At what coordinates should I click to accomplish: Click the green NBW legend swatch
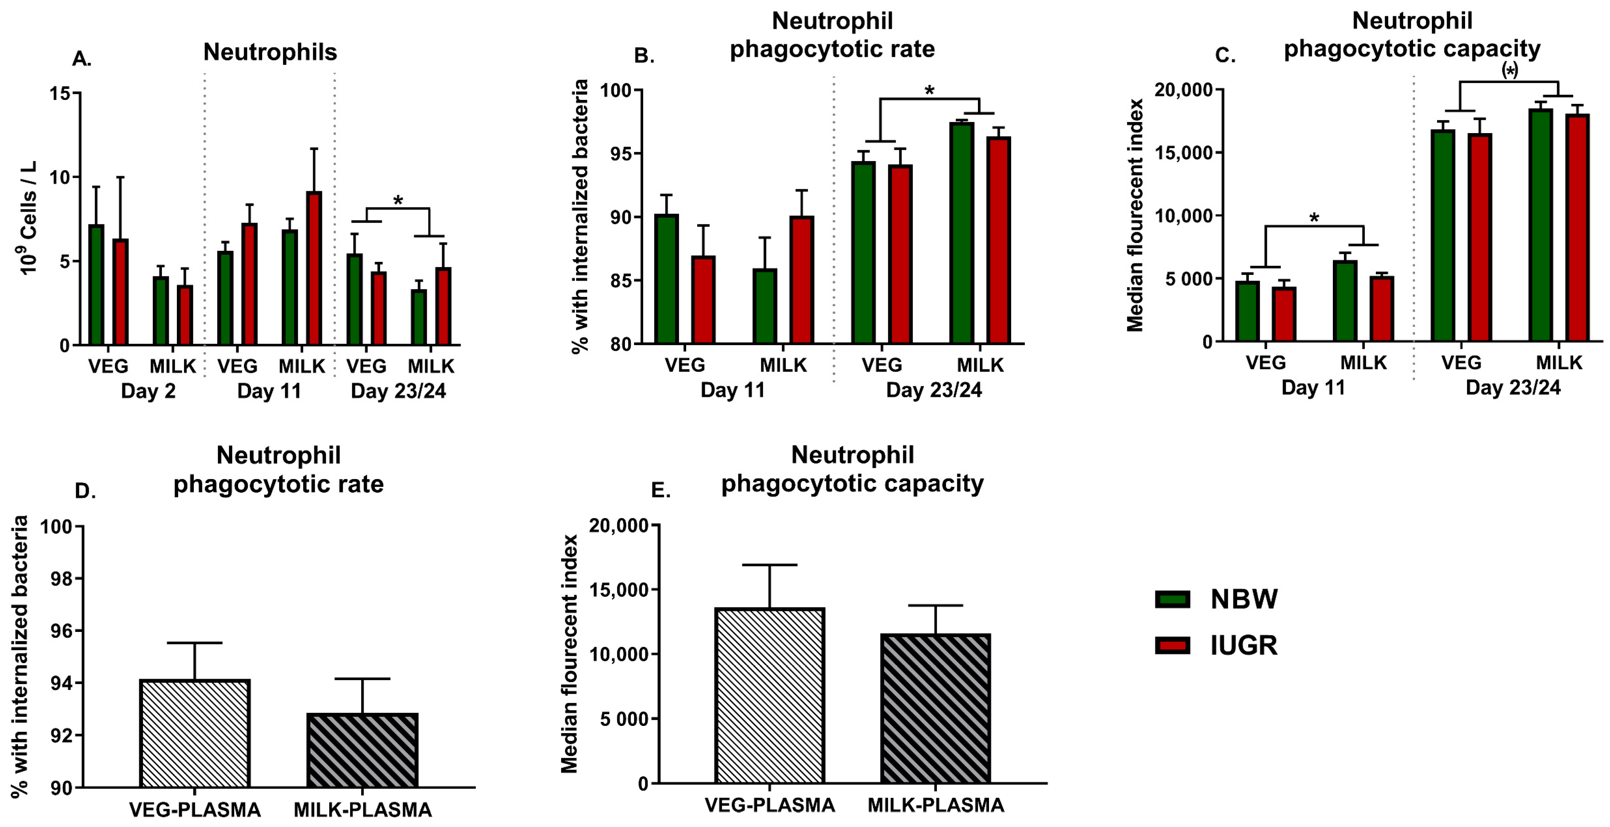[x=1172, y=599]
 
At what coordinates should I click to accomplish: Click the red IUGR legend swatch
[x=1172, y=645]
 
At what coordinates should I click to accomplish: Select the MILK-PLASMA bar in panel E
[x=936, y=709]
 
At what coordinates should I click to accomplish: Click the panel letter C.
[x=1225, y=56]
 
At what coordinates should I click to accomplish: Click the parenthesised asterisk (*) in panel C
[x=1509, y=71]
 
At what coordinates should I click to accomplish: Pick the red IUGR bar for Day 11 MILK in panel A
[x=314, y=269]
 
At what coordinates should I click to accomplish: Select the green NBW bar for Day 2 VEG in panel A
[x=96, y=284]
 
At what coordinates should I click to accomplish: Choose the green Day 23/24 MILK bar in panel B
[x=961, y=233]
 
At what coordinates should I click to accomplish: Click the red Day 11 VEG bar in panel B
[x=703, y=300]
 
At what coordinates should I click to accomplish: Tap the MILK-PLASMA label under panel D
[x=362, y=810]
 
